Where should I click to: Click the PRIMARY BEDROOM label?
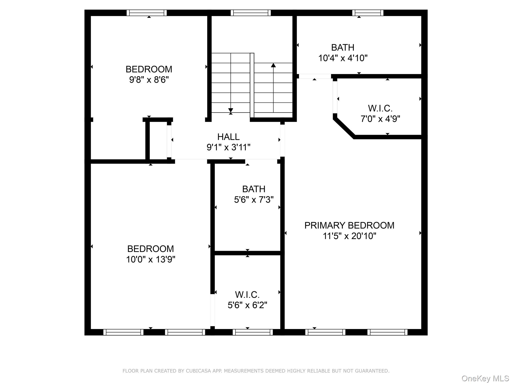click(x=349, y=225)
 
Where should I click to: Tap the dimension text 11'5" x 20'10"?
click(x=349, y=236)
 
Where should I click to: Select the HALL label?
click(x=228, y=137)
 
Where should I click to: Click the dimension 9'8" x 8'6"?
click(x=149, y=80)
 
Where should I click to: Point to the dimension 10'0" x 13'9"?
click(x=150, y=259)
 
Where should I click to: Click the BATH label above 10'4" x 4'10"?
click(x=342, y=47)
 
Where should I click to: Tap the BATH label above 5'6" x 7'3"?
click(x=253, y=189)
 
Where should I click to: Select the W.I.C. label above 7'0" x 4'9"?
click(x=380, y=108)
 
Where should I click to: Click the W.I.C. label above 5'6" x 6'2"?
click(x=247, y=295)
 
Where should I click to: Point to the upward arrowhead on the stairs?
click(x=273, y=65)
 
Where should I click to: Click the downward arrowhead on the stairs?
click(x=230, y=110)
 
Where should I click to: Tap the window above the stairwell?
click(x=250, y=13)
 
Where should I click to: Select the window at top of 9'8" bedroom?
click(x=146, y=13)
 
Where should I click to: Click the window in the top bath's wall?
click(x=368, y=13)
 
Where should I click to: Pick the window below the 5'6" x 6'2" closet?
click(x=252, y=332)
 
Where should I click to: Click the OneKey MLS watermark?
click(x=485, y=378)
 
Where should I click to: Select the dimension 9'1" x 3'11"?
click(x=228, y=147)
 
